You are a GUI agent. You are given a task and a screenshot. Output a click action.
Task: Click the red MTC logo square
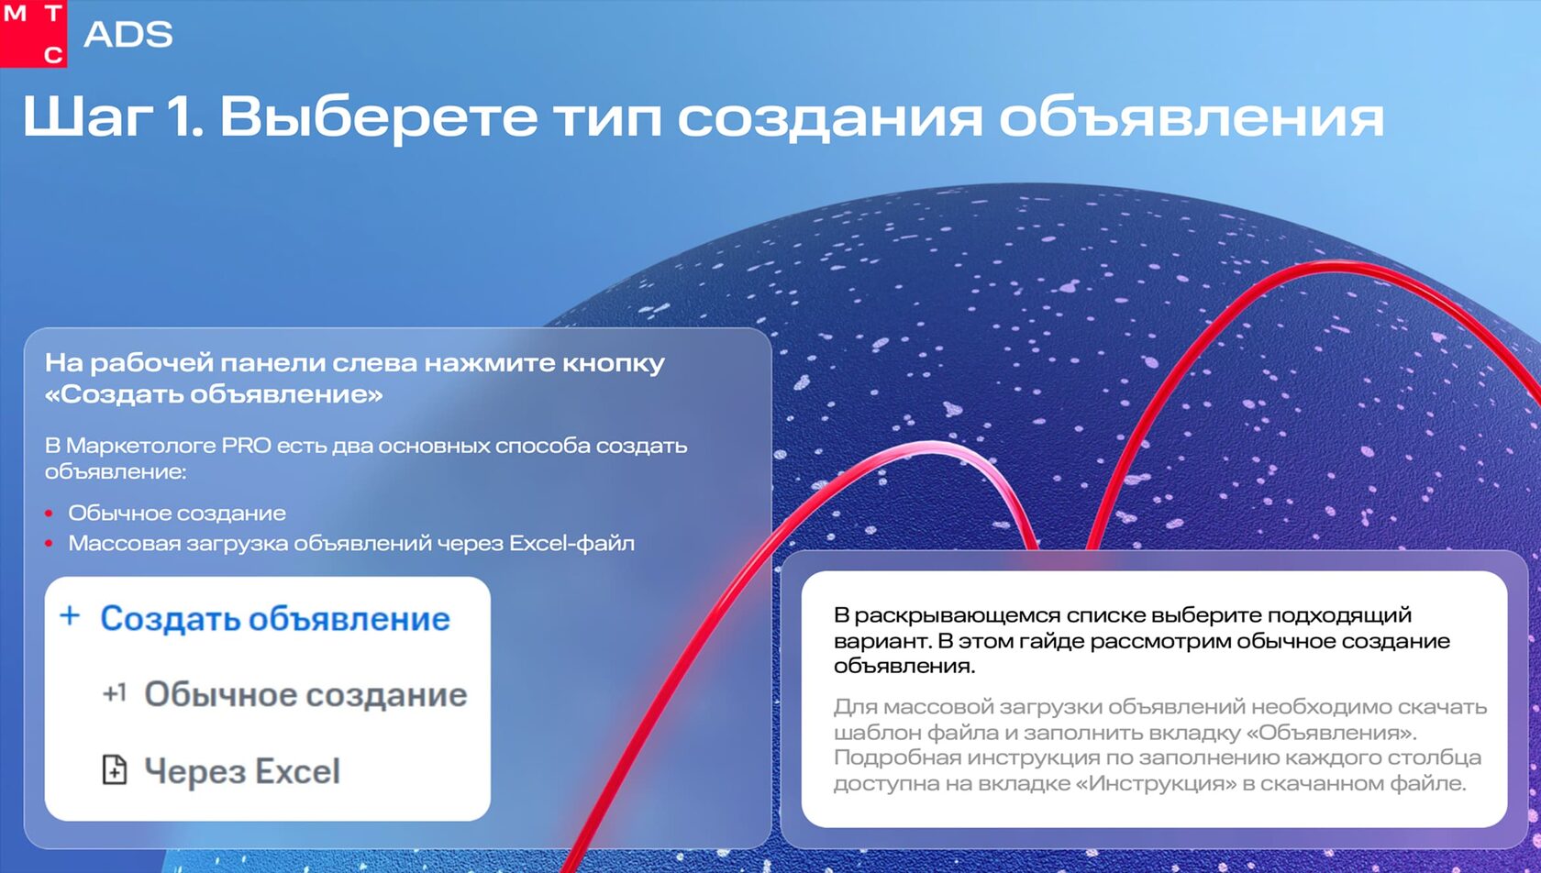(33, 33)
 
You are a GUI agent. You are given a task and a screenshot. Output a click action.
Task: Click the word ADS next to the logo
(128, 35)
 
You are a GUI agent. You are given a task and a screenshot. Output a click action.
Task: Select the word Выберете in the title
(378, 116)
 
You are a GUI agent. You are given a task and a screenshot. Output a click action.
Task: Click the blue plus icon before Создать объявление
(70, 615)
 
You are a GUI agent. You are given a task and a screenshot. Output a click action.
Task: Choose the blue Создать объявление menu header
(275, 618)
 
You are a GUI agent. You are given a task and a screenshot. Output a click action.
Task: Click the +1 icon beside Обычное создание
(114, 692)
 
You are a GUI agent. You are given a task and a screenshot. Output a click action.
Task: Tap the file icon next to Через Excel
(114, 769)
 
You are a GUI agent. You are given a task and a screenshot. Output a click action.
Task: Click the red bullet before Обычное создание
(49, 514)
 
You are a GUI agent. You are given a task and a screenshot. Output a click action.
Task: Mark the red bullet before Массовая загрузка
(49, 544)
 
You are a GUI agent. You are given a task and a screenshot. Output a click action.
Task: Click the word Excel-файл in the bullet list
(571, 544)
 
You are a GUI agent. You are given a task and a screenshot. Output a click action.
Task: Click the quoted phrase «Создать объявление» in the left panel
(213, 394)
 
